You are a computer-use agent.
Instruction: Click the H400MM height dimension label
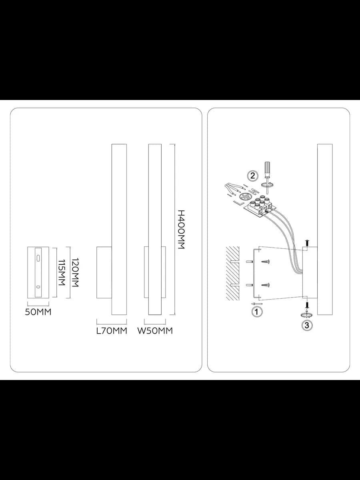pos(181,230)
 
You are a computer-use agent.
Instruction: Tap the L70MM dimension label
pos(112,331)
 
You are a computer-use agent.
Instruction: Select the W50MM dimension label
pos(155,331)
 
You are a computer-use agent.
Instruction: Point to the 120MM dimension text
pos(75,272)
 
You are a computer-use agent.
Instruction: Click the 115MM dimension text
pos(62,272)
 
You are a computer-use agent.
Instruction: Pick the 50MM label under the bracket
pos(38,312)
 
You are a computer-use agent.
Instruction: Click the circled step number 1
pos(257,312)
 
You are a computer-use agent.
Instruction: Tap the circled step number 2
pos(252,176)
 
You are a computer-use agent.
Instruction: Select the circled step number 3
pos(307,326)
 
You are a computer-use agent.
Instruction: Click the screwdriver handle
pos(267,167)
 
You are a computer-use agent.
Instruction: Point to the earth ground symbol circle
pos(244,197)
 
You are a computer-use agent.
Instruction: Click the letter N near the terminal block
pos(254,190)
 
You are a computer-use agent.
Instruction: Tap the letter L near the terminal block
pos(238,203)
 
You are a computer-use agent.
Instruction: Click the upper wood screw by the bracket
pos(266,261)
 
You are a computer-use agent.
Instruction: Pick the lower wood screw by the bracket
pos(266,285)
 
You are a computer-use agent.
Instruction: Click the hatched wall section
pos(232,273)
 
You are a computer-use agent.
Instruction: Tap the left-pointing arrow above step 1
pos(257,304)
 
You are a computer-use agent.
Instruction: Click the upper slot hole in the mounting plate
pos(38,258)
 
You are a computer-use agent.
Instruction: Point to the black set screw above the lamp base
pos(307,243)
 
